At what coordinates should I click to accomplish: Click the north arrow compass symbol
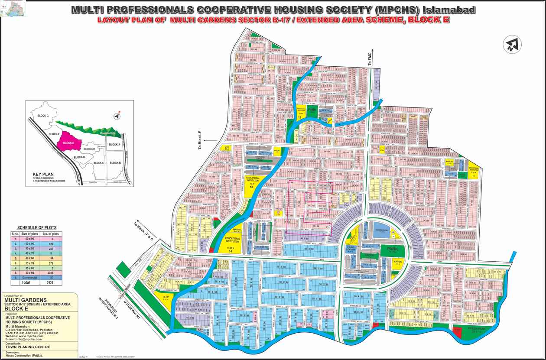(x=513, y=44)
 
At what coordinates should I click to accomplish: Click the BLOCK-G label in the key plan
(x=43, y=116)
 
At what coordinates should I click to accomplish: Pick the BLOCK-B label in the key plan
(x=115, y=162)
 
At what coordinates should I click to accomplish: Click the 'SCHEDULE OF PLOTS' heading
(x=36, y=227)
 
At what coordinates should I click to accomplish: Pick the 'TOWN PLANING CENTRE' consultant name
(x=28, y=347)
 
